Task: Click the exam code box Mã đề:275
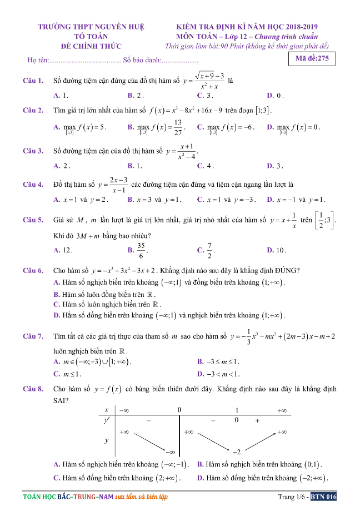312,58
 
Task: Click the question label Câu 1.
33,81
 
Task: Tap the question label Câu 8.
33,389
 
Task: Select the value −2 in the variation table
236,451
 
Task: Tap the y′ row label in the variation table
106,421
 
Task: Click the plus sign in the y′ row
257,421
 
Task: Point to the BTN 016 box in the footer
323,497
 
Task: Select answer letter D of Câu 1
269,96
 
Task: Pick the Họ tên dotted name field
85,60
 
